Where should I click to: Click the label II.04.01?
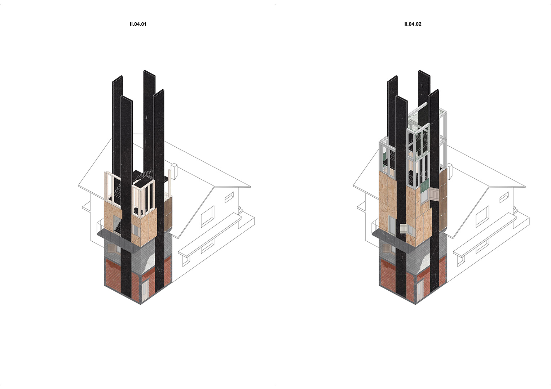pyautogui.click(x=138, y=24)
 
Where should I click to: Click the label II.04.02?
pyautogui.click(x=413, y=24)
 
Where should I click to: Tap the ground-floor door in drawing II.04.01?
pyautogui.click(x=145, y=290)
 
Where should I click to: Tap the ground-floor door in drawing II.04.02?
pyautogui.click(x=420, y=290)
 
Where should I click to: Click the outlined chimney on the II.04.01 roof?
pyautogui.click(x=175, y=171)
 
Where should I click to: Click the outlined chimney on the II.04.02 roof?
pyautogui.click(x=449, y=171)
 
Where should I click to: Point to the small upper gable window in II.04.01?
pyautogui.click(x=229, y=197)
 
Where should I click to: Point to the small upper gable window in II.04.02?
pyautogui.click(x=504, y=197)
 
